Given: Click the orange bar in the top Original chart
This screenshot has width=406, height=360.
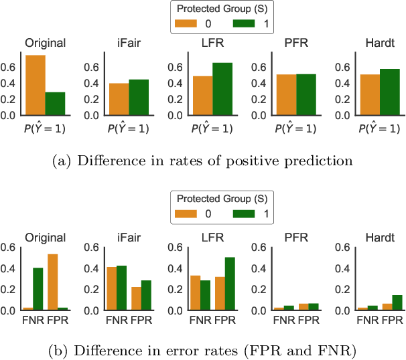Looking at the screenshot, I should click(x=36, y=85).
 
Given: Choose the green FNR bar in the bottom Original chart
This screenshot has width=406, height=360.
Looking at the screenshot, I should click(x=38, y=289).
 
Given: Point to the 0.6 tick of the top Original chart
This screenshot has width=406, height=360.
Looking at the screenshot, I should click(x=10, y=67).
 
